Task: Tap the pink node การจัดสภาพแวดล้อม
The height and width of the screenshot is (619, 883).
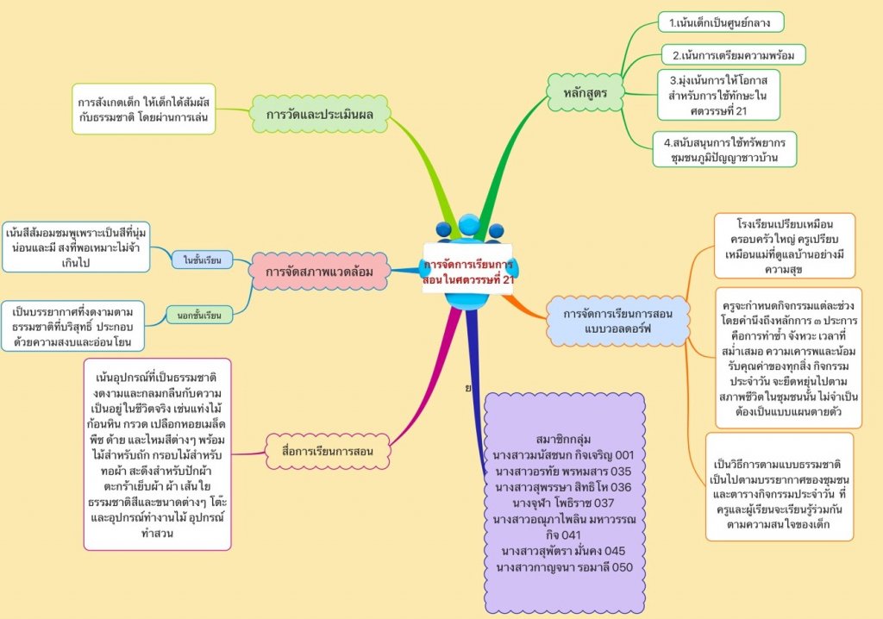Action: pyautogui.click(x=319, y=272)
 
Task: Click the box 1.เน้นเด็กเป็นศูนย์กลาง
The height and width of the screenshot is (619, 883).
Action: pyautogui.click(x=720, y=22)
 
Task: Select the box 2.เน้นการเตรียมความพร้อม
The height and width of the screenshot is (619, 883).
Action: pyautogui.click(x=733, y=55)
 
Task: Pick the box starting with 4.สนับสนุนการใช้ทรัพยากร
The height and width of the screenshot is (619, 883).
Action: pyautogui.click(x=724, y=148)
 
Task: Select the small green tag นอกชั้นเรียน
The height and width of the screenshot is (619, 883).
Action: pyautogui.click(x=199, y=316)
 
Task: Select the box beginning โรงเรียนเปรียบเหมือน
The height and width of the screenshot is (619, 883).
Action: pyautogui.click(x=784, y=245)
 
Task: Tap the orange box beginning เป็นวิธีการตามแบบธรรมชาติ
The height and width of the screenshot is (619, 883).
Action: pyautogui.click(x=779, y=487)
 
